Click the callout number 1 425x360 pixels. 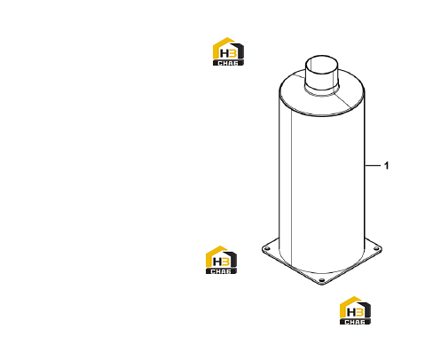pyautogui.click(x=386, y=166)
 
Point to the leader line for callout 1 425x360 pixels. pyautogui.click(x=373, y=166)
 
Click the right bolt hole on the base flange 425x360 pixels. pyautogui.click(x=376, y=248)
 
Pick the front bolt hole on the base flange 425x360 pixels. pyautogui.click(x=321, y=279)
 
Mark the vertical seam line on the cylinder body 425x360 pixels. pyautogui.click(x=292, y=188)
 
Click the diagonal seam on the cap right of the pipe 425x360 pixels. pyautogui.click(x=347, y=101)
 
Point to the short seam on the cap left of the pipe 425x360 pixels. pyautogui.click(x=299, y=75)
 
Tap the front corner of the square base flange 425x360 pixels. pyautogui.click(x=322, y=286)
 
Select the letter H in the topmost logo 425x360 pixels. pyautogui.click(x=224, y=53)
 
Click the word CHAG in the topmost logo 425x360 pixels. pyautogui.click(x=228, y=63)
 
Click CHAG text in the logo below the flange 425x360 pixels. pyautogui.click(x=355, y=322)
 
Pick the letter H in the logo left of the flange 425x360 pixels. pyautogui.click(x=216, y=262)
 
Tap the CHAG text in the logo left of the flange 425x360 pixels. pyautogui.click(x=221, y=271)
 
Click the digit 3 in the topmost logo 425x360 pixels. pyautogui.click(x=233, y=53)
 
